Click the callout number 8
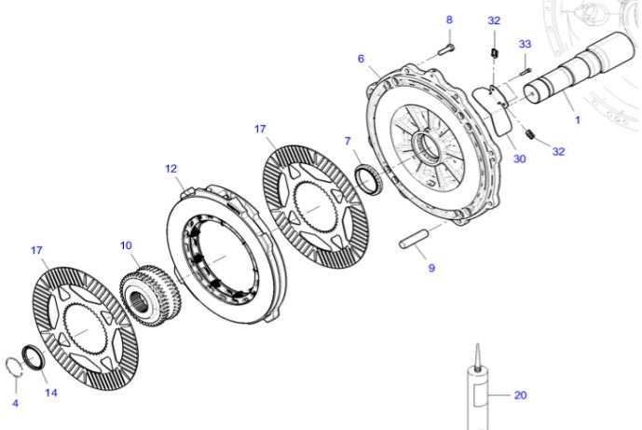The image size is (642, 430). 448,20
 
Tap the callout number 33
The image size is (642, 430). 525,44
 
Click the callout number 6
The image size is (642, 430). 360,59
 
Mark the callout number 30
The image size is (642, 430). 519,159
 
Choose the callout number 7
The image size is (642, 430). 348,141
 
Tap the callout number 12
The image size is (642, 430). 171,169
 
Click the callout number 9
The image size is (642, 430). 430,268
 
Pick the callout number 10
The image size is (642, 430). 126,245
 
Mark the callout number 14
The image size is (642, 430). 51,393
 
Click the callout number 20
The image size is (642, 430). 520,395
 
